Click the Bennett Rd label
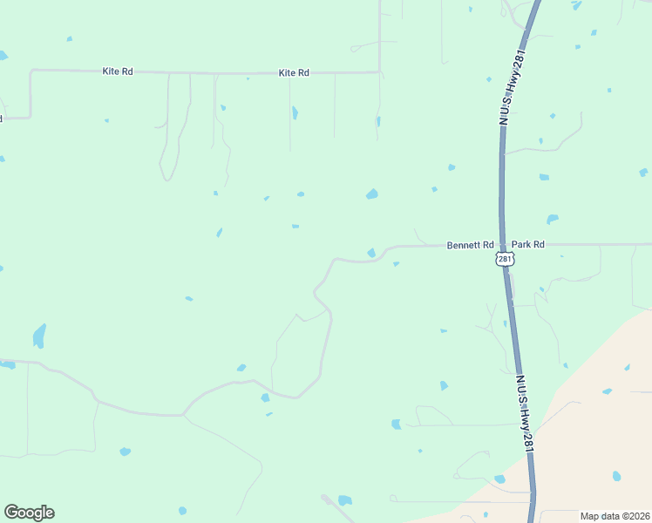471,245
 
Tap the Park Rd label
527,245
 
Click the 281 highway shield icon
505,259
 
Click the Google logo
29,512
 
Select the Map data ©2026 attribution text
615,515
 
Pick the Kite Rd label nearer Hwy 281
294,73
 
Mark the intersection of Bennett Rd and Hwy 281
502,245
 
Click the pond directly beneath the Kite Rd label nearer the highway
295,112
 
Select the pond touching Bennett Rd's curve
371,253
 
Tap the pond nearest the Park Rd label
552,219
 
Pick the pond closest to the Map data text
616,476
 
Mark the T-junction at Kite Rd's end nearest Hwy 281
379,72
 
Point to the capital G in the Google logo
11,512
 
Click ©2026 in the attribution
632,515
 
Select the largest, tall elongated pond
38,335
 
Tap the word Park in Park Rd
521,245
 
